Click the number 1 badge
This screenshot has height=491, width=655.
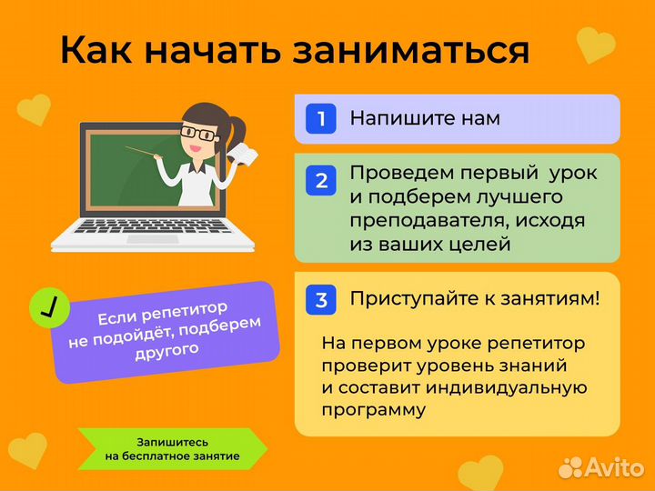click(x=320, y=118)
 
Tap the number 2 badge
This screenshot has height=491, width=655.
click(x=320, y=181)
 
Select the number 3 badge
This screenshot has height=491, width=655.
click(x=320, y=298)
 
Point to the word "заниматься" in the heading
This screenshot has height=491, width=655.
click(x=411, y=50)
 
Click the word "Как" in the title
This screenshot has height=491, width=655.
click(x=96, y=50)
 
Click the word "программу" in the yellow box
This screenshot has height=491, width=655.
click(x=373, y=410)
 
